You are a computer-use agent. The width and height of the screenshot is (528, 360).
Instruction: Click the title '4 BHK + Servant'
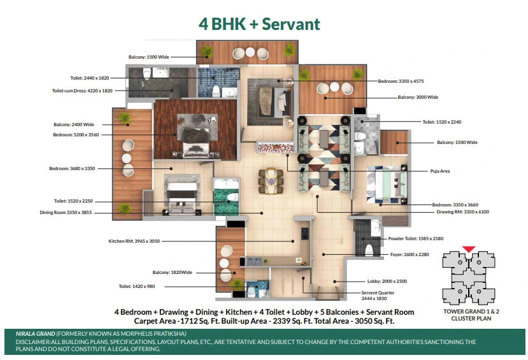(259, 24)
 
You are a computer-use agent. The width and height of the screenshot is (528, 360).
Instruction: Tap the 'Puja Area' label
(439, 171)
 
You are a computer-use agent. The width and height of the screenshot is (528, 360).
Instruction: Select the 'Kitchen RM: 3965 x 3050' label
(134, 241)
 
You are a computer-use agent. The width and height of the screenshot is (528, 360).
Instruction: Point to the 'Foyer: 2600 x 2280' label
(410, 255)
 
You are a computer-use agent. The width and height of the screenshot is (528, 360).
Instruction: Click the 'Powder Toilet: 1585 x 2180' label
(416, 238)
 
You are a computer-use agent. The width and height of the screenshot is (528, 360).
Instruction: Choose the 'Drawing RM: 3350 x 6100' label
(462, 212)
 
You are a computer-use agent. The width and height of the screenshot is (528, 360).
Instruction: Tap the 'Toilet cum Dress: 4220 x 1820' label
(82, 90)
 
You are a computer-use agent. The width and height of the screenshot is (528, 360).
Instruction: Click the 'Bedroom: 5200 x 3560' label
(76, 134)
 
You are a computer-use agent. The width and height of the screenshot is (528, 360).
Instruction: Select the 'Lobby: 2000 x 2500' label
(387, 281)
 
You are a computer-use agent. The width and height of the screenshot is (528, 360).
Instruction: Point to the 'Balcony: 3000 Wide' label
(418, 97)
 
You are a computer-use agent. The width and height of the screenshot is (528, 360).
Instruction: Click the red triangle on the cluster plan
(468, 249)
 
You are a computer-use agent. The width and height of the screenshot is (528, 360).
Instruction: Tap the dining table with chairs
(271, 181)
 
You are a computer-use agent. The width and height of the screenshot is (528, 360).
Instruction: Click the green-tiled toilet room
(226, 197)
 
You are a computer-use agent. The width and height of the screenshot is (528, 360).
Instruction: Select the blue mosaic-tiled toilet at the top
(218, 83)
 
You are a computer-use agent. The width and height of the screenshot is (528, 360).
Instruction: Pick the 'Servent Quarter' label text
(378, 292)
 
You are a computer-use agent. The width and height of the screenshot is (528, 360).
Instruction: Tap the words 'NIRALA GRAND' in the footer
(36, 334)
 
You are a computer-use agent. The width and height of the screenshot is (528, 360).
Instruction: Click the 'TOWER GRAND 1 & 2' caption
(471, 312)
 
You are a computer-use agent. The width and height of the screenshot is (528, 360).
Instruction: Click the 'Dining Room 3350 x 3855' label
(66, 213)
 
